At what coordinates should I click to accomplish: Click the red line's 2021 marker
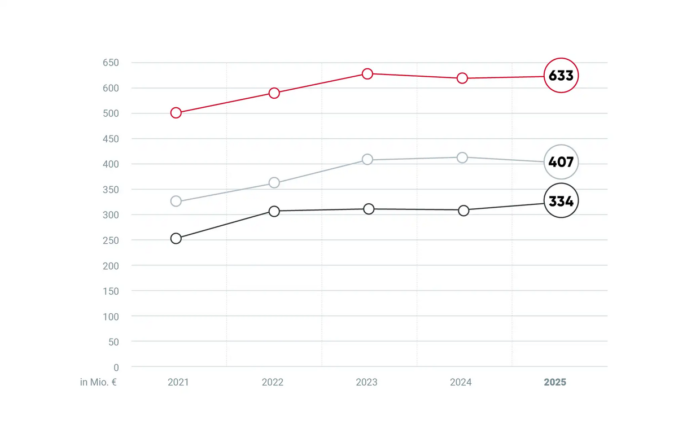[x=176, y=107]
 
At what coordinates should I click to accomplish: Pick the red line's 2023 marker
[x=367, y=69]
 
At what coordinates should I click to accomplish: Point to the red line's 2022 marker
[x=274, y=88]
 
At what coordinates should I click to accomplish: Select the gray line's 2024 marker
[x=462, y=152]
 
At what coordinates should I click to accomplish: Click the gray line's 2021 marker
[x=176, y=196]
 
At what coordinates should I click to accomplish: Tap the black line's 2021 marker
[x=176, y=233]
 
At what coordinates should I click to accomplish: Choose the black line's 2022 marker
[x=274, y=206]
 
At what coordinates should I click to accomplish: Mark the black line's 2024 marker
[x=463, y=205]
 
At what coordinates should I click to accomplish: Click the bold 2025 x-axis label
[x=555, y=382]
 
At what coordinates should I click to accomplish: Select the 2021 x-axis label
[x=178, y=382]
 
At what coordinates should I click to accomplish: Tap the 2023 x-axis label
[x=366, y=382]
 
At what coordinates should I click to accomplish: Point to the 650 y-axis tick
[x=111, y=63]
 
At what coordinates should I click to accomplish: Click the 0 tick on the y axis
[x=116, y=367]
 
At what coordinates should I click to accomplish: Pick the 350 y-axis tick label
[x=111, y=190]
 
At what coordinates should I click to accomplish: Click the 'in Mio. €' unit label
[x=98, y=382]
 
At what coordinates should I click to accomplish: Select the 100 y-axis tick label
[x=111, y=317]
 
